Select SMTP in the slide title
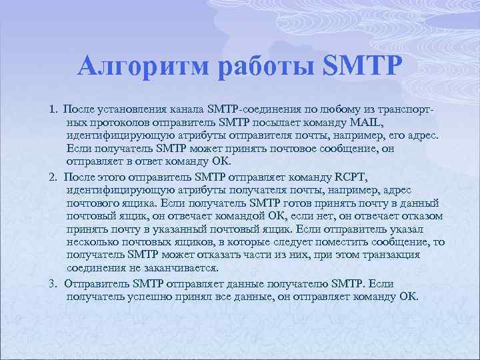pyautogui.click(x=363, y=67)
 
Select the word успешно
pyautogui.click(x=147, y=296)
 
